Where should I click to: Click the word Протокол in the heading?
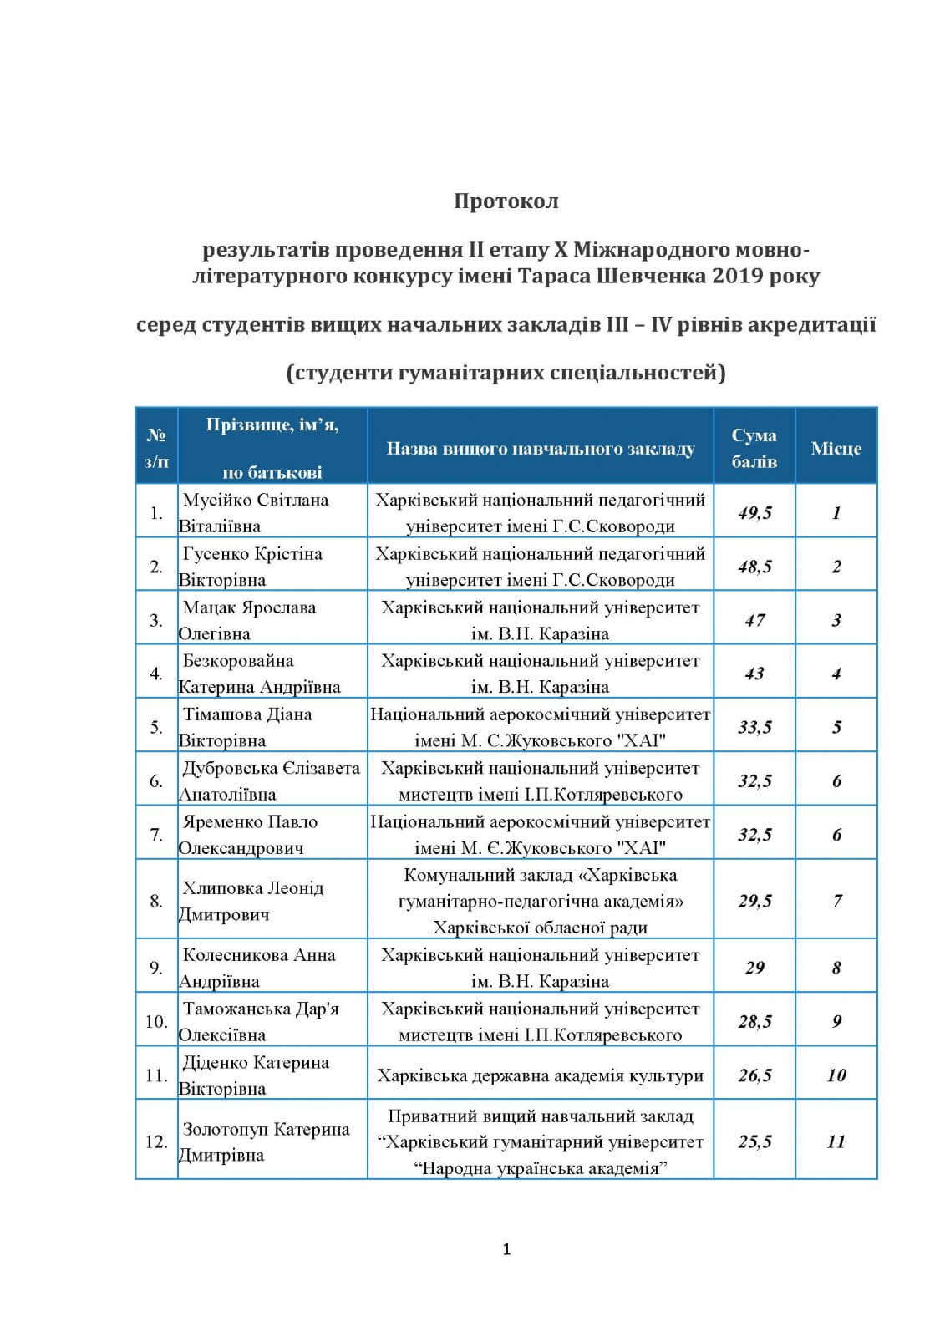coord(506,201)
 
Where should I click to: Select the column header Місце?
coord(836,449)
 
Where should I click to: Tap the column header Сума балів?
coord(754,448)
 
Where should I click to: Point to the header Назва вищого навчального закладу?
coord(540,449)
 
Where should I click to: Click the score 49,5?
coord(754,513)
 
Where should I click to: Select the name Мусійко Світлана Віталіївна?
coord(255,513)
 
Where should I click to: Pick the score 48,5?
coord(754,567)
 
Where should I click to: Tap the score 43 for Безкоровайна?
coord(754,674)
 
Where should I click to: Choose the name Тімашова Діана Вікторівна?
coord(246,727)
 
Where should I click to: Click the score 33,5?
coord(754,727)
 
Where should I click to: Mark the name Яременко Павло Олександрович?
coord(249,834)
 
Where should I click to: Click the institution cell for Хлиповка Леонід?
coord(540,901)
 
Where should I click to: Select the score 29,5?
coord(754,901)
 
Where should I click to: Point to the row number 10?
coord(156,1021)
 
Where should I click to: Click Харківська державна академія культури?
coord(540,1075)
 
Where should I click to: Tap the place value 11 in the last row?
coord(836,1141)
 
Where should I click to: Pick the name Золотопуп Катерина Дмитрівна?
coord(265,1141)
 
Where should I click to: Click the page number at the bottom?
coord(506,1249)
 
